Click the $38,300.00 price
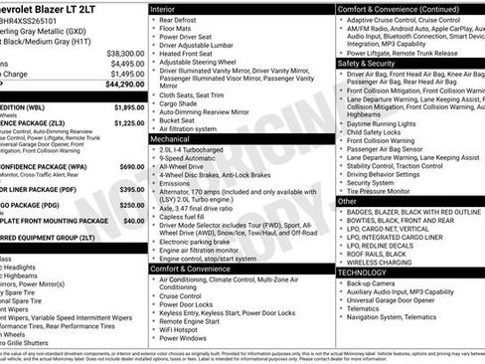(x=125, y=53)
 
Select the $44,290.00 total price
(x=125, y=85)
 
